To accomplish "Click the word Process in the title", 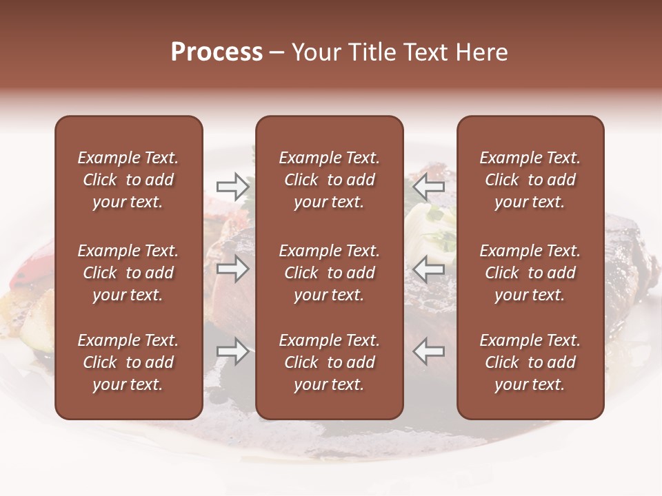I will coord(217,52).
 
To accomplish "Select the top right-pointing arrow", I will coord(233,186).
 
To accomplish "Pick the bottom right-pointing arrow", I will coord(233,351).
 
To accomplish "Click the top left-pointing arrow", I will coord(429,186).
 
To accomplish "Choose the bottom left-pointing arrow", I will coord(429,351).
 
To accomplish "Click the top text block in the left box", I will coord(128,180).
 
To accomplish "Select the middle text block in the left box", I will coord(128,273).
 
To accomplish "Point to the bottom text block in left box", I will coord(128,362).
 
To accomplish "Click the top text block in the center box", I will coord(329,180).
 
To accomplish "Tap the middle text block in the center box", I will coord(329,273).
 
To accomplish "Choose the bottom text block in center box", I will coord(329,362).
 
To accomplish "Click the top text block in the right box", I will coord(530,180).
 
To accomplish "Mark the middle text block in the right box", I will coord(530,273).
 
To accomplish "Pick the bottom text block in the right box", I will coord(530,362).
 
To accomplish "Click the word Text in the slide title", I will coord(425,52).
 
